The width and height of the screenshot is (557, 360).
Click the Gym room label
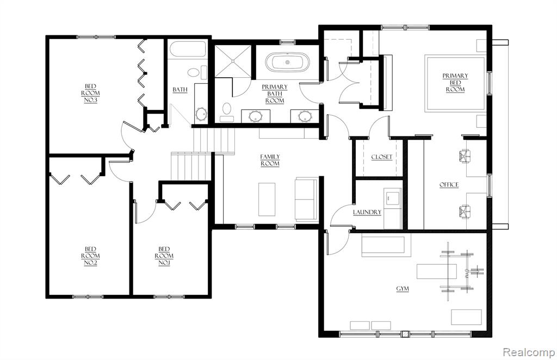point(403,289)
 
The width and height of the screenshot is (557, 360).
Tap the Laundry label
point(367,212)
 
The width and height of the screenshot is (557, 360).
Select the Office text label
point(449,184)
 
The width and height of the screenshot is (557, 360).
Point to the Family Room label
point(270,160)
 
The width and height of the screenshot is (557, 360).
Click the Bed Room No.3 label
point(91,93)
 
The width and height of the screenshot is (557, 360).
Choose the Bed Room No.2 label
point(91,256)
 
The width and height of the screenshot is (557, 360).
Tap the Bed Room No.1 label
point(164,256)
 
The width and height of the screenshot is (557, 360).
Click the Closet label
point(382,157)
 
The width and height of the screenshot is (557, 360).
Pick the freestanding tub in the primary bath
point(287,63)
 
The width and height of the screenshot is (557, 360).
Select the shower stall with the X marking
point(233,61)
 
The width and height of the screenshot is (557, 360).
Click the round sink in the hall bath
point(201,114)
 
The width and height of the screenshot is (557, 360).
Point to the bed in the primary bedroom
point(456,83)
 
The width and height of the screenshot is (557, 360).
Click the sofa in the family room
point(306,200)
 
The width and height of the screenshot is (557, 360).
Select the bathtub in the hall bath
point(187,49)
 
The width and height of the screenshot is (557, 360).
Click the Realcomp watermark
point(528,352)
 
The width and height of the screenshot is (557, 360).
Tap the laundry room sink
point(393,197)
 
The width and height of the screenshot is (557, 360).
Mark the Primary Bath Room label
point(275,94)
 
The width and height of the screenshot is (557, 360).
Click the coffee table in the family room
point(267,199)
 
